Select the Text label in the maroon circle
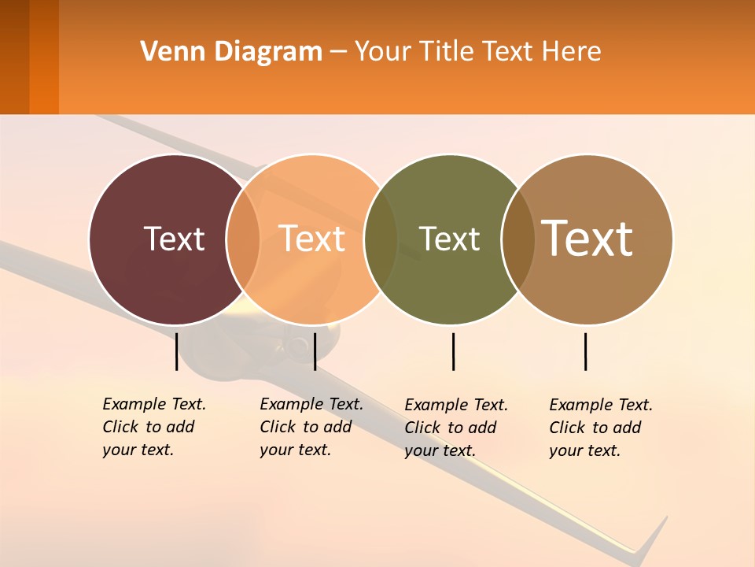point(174,239)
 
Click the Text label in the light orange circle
point(312,239)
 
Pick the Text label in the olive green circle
point(449,239)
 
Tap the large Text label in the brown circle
point(587,238)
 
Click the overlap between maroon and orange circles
point(244,239)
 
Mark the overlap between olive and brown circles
point(517,239)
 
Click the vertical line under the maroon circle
point(176,351)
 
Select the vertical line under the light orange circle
point(315,351)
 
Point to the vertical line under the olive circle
point(453,351)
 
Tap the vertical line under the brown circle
point(585,351)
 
